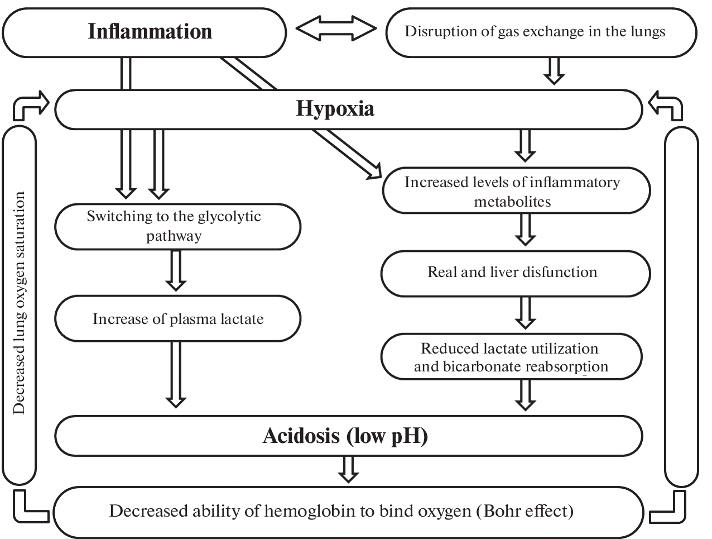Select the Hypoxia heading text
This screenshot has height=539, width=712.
[x=335, y=108]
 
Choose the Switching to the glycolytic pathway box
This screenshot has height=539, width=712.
[x=177, y=226]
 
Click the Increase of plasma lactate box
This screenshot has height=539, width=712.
[x=177, y=319]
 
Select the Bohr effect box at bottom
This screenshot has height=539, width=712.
[x=341, y=511]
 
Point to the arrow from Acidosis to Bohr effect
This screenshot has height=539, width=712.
[x=348, y=469]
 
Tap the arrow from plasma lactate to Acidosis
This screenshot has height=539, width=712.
[x=176, y=374]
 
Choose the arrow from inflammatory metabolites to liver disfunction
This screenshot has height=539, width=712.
[x=525, y=230]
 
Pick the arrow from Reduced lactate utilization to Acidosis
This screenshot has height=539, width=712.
[x=525, y=395]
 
